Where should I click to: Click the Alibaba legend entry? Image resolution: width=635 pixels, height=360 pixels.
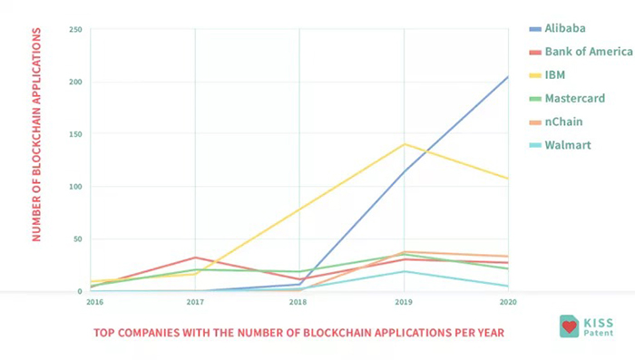pos(565,28)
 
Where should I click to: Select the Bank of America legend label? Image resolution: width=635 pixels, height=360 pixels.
pos(589,52)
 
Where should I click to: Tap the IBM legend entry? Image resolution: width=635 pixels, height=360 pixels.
pos(555,75)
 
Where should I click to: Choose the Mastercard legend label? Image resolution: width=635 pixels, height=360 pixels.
pos(574,99)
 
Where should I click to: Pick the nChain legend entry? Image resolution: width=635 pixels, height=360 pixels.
pos(563,122)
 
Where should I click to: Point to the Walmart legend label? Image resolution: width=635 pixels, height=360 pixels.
pos(568,145)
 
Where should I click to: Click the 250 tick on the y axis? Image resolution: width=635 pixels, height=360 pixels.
pos(75,30)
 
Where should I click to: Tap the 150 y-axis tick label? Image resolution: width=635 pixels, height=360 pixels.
pos(75,134)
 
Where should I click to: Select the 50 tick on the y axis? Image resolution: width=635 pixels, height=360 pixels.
pos(77,238)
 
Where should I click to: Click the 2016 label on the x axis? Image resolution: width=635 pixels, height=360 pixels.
pos(94,302)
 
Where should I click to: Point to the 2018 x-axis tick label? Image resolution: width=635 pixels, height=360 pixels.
pos(298,302)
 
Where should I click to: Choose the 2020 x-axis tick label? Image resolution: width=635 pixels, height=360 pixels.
pos(508,302)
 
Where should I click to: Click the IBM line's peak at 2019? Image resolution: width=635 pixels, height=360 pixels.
pos(405,144)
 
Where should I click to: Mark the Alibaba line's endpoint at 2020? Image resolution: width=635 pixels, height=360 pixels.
pos(508,76)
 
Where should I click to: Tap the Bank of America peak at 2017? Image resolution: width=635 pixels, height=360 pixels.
pos(195,258)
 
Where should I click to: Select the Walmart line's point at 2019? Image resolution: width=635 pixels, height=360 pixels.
pos(405,271)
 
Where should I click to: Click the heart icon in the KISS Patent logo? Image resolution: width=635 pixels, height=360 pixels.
pos(570,326)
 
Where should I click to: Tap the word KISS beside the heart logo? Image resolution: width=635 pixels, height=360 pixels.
pos(598,323)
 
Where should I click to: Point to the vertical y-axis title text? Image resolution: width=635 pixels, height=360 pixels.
pos(36,135)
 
